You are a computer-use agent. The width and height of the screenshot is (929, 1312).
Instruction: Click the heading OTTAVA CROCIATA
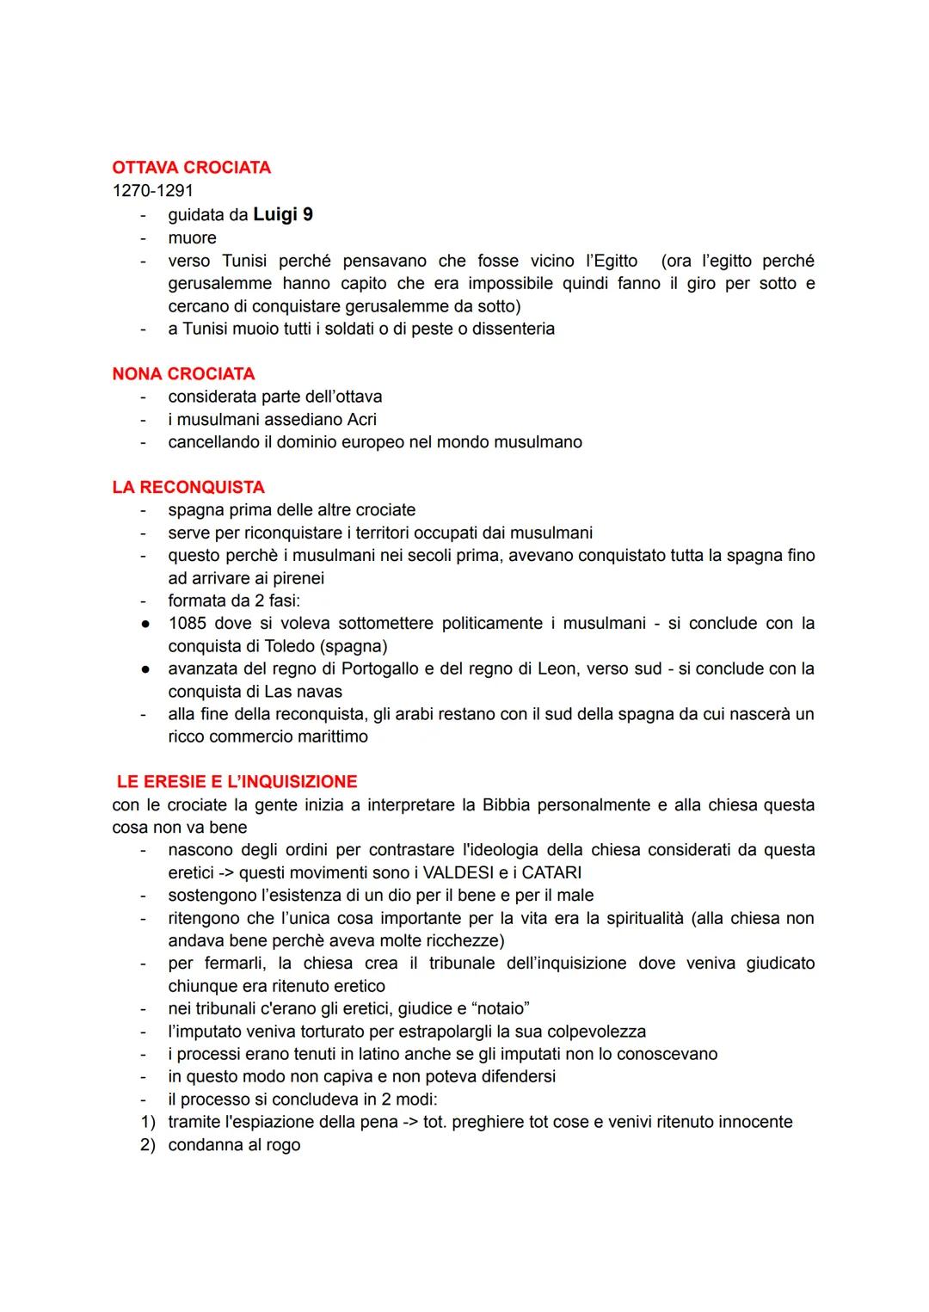[x=191, y=167]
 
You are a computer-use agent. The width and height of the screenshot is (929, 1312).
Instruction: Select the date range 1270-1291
[x=152, y=190]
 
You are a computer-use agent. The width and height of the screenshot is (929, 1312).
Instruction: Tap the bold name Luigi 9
[x=282, y=214]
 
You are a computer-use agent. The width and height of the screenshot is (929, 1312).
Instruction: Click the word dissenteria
[x=513, y=329]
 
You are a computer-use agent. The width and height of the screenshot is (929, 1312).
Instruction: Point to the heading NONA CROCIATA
[x=183, y=373]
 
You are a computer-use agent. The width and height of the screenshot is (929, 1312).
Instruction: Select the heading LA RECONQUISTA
[x=188, y=487]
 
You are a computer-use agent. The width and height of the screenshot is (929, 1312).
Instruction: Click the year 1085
[x=188, y=623]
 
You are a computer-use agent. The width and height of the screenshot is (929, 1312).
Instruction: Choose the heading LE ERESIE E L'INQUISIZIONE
[x=237, y=781]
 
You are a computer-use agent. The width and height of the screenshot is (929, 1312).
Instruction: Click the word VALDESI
[x=460, y=872]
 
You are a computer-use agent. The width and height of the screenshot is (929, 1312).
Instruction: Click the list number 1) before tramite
[x=147, y=1122]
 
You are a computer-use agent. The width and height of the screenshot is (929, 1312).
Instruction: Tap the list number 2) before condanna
[x=147, y=1145]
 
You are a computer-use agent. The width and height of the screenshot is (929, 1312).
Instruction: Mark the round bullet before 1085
[x=145, y=623]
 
